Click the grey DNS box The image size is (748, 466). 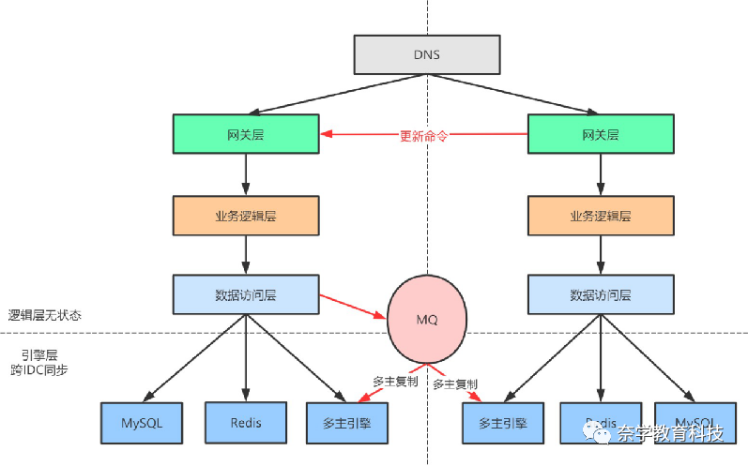[x=427, y=55]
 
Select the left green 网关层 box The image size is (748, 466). [x=246, y=134]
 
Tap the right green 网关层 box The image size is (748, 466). [x=601, y=134]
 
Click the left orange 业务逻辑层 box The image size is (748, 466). [x=246, y=215]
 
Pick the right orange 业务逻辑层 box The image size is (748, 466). [x=601, y=215]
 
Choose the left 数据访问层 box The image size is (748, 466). [x=246, y=294]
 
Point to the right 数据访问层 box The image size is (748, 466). [x=601, y=294]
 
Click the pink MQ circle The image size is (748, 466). [x=427, y=319]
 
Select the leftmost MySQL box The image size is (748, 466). [x=142, y=422]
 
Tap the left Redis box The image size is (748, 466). [x=246, y=422]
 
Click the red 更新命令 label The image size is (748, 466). [x=423, y=135]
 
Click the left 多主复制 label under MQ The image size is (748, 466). [x=395, y=382]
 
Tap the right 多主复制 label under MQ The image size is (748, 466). [x=455, y=384]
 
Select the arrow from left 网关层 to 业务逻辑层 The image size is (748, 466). [x=246, y=174]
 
